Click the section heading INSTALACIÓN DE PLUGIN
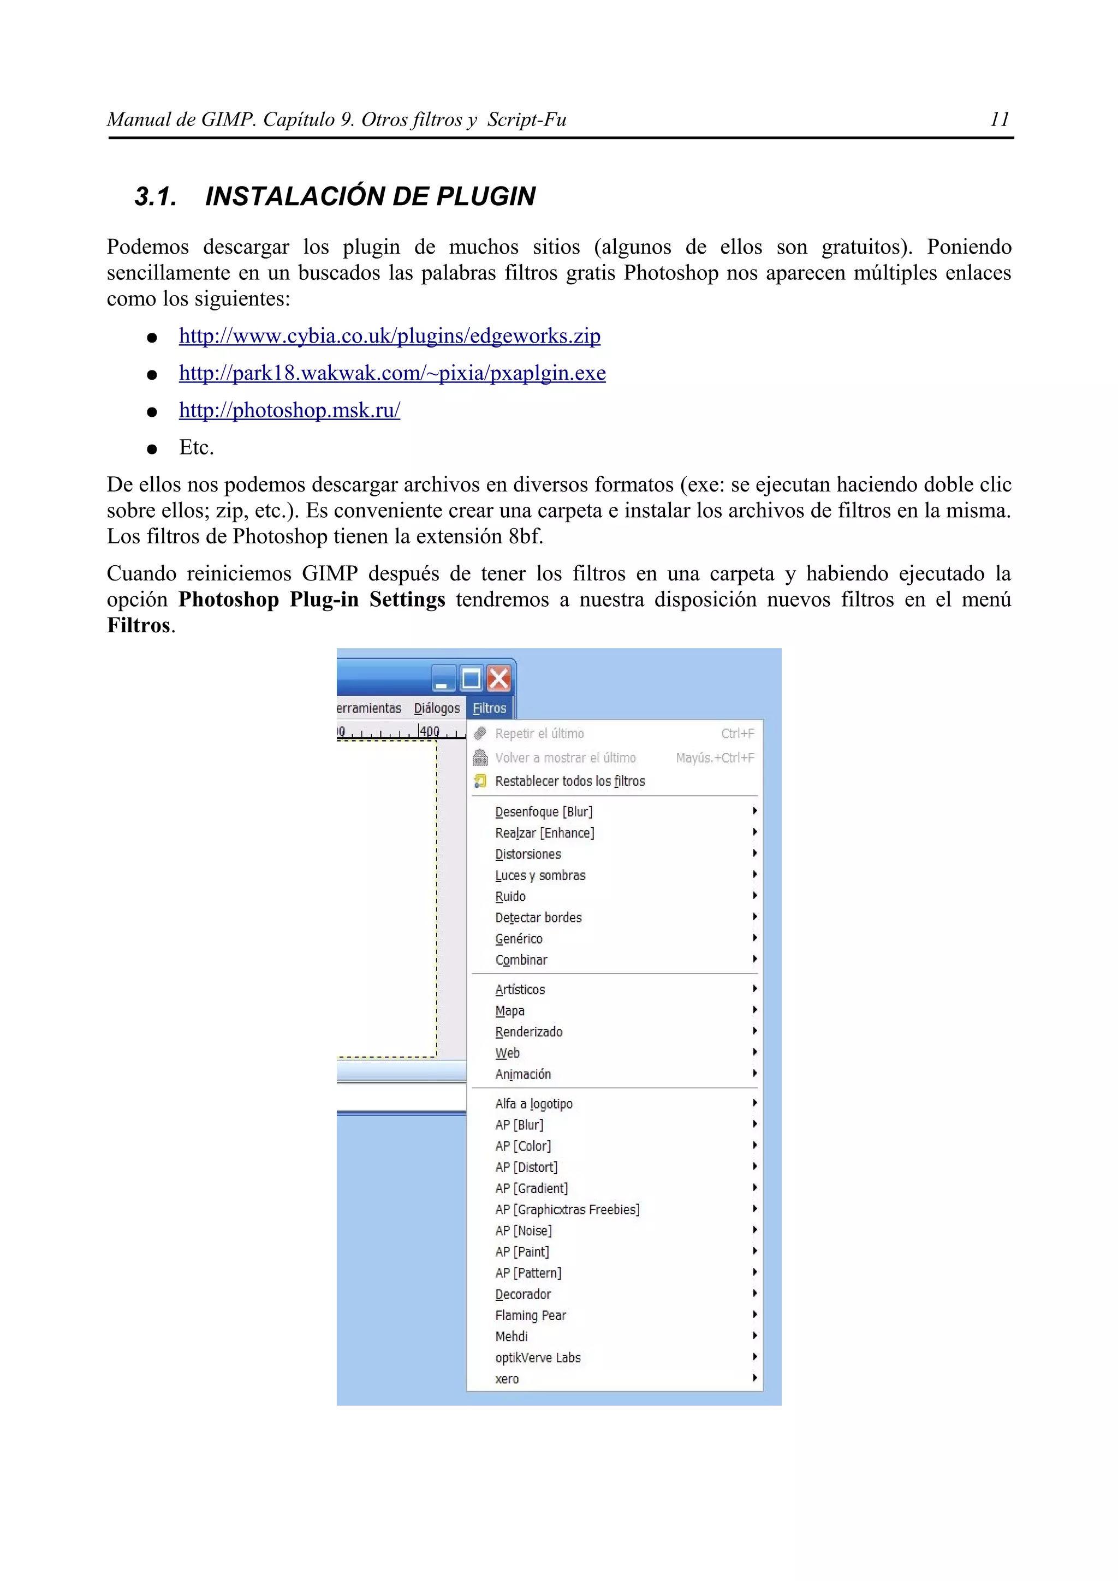pos(370,196)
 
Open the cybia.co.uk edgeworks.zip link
pos(389,336)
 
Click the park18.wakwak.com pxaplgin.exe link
pos(392,373)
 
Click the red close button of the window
pos(499,679)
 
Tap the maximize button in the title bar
pos(471,679)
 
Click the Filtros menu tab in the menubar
pos(489,708)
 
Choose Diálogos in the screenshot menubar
pos(437,708)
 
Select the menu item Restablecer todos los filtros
pos(570,781)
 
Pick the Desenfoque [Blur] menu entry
pos(544,812)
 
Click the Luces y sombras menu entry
pos(540,875)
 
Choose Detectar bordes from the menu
pos(538,917)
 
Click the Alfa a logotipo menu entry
pos(533,1104)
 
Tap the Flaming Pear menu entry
pos(531,1315)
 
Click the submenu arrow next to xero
pos(754,1378)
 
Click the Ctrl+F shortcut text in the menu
pos(737,733)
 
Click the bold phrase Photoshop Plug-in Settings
pos(311,600)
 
